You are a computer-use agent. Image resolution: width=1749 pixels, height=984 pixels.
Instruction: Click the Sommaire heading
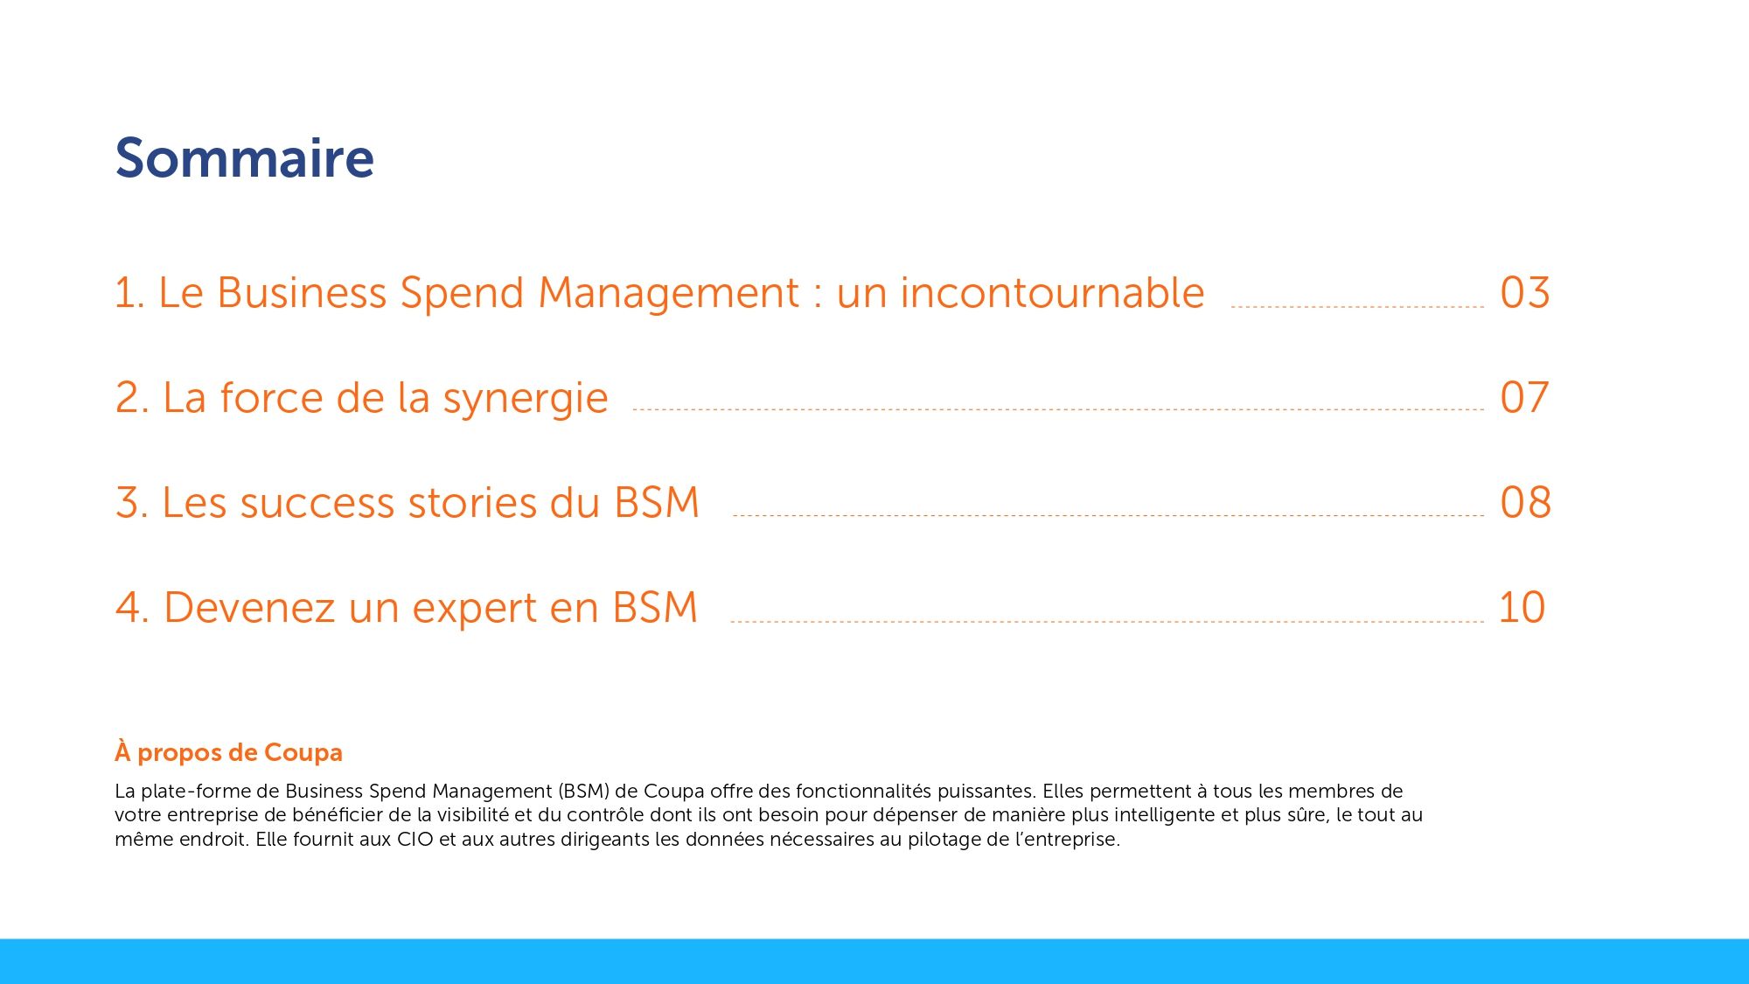pos(244,159)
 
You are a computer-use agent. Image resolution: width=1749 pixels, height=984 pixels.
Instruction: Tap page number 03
pos(1524,293)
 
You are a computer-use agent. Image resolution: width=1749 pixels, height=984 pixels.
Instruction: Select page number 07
pos(1524,398)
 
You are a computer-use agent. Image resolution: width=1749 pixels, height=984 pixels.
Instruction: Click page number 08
pos(1525,503)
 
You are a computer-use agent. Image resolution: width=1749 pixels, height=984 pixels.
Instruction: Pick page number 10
pos(1522,608)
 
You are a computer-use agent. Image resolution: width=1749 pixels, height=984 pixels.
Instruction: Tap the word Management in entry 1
pos(668,293)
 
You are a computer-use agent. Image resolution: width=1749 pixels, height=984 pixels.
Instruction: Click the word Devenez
pos(248,608)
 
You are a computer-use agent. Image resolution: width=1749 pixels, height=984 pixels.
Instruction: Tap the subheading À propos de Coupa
pos(228,752)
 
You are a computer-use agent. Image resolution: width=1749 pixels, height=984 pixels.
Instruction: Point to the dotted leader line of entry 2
pos(1058,408)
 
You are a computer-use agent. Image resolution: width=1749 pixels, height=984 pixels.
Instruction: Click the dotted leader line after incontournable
pos(1357,307)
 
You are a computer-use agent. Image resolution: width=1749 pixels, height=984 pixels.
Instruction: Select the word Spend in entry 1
pos(462,294)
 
